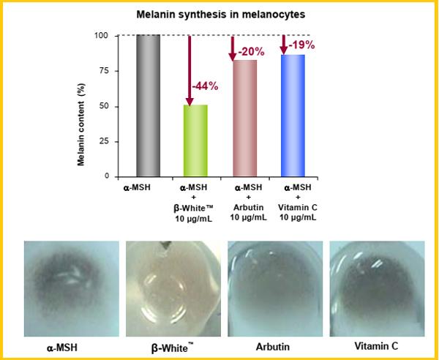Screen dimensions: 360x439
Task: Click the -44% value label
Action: (x=205, y=86)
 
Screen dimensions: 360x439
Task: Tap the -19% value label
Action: (x=302, y=45)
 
